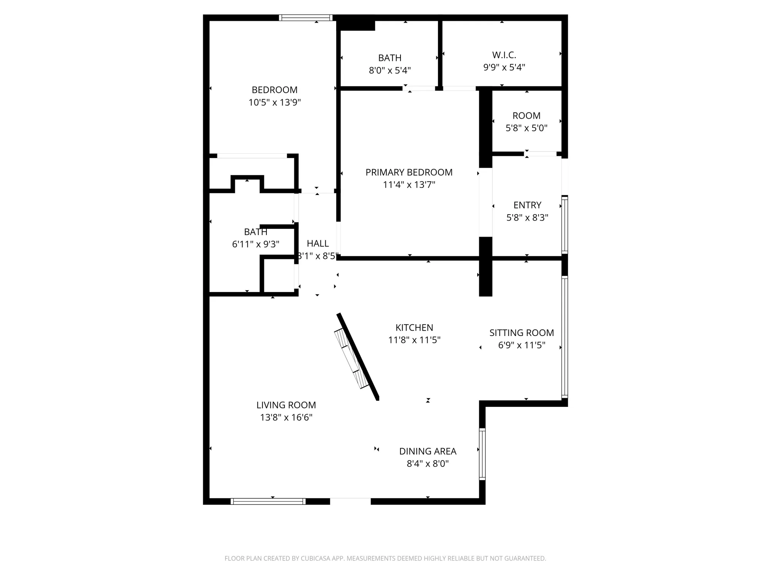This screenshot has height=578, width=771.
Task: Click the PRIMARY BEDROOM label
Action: [409, 172]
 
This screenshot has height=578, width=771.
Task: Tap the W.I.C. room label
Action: [504, 55]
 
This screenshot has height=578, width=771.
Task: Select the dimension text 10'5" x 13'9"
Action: [274, 102]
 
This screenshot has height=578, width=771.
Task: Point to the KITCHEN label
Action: [414, 328]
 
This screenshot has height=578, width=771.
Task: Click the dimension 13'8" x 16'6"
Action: [286, 417]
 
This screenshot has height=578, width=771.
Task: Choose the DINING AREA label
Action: [428, 451]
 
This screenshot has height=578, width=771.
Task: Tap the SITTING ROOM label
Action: [521, 333]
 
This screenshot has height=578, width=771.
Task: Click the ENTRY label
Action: [527, 205]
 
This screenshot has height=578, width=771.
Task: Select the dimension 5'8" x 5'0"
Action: [526, 128]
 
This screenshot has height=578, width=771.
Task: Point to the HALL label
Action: [318, 244]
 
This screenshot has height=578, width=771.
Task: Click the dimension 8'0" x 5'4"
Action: [390, 71]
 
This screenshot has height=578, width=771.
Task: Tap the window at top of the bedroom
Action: [306, 18]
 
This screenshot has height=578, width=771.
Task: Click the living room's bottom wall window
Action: [268, 501]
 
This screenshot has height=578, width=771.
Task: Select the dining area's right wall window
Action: [482, 454]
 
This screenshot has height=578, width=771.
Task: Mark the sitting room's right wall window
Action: [564, 337]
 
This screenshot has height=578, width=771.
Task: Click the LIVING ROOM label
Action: [286, 405]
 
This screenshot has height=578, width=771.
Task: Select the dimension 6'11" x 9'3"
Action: [256, 244]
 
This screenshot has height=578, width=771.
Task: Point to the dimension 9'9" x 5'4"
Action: [504, 67]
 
